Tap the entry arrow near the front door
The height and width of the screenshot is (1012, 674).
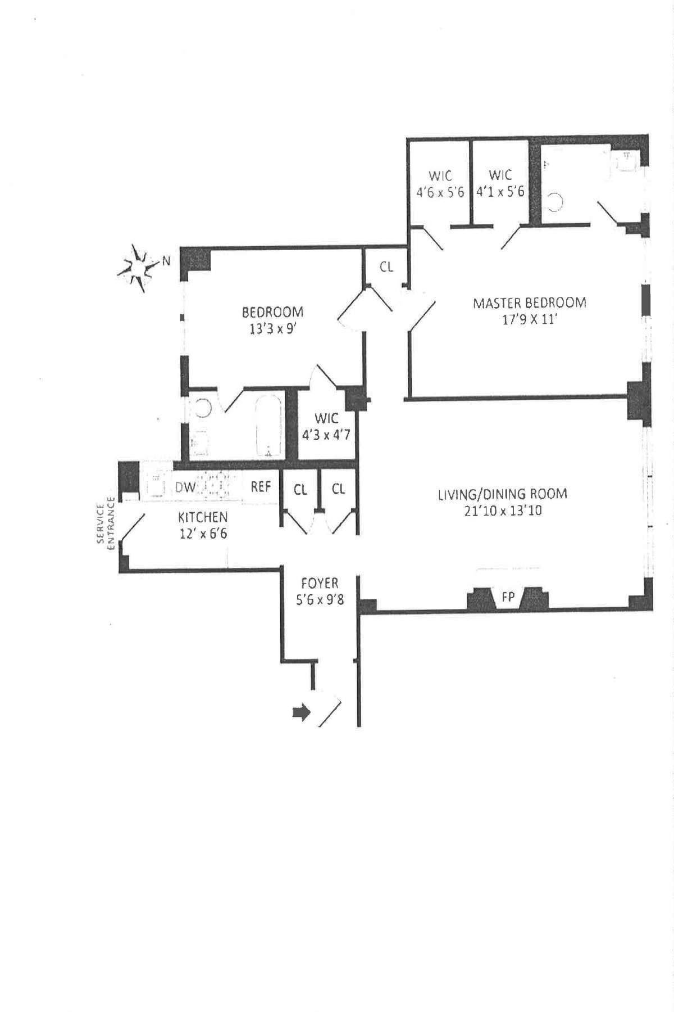point(302,713)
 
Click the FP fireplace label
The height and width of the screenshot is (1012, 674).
point(508,597)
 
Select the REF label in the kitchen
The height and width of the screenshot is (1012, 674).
point(261,486)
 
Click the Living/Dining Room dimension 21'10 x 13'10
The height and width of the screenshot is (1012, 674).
point(502,511)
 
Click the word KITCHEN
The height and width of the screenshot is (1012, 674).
point(203,517)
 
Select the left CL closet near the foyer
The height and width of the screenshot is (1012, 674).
point(300,490)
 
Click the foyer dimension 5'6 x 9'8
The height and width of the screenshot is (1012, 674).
point(320,600)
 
